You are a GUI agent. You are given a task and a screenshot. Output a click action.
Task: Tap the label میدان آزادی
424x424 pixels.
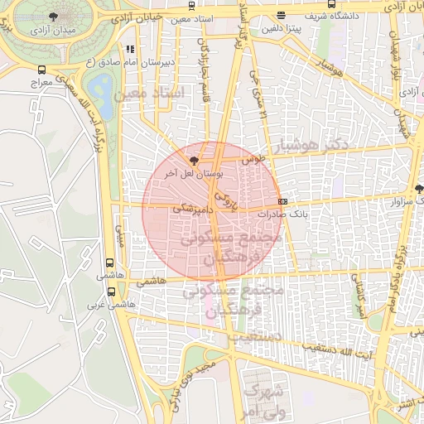[x=54, y=31]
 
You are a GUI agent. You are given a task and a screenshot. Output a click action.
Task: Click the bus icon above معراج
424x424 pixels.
[x=42, y=70]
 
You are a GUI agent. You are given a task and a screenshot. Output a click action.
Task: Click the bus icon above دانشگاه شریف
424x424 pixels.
[x=282, y=14]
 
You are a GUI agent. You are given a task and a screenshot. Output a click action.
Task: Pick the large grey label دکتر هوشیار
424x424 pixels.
[x=316, y=144]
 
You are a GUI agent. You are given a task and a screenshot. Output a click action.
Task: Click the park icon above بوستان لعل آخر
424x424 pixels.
[x=194, y=161]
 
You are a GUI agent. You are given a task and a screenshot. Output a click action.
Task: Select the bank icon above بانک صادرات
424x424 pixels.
[x=282, y=201]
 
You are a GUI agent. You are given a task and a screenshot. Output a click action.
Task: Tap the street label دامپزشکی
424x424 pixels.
[x=190, y=211]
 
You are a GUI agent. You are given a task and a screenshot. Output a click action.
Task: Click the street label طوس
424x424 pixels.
[x=252, y=157]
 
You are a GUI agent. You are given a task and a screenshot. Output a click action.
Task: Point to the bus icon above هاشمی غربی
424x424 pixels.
[x=112, y=291]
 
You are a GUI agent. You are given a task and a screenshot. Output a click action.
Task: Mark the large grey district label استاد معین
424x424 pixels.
[x=150, y=96]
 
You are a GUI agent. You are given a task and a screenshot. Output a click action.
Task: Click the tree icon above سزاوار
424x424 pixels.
[x=419, y=188]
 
